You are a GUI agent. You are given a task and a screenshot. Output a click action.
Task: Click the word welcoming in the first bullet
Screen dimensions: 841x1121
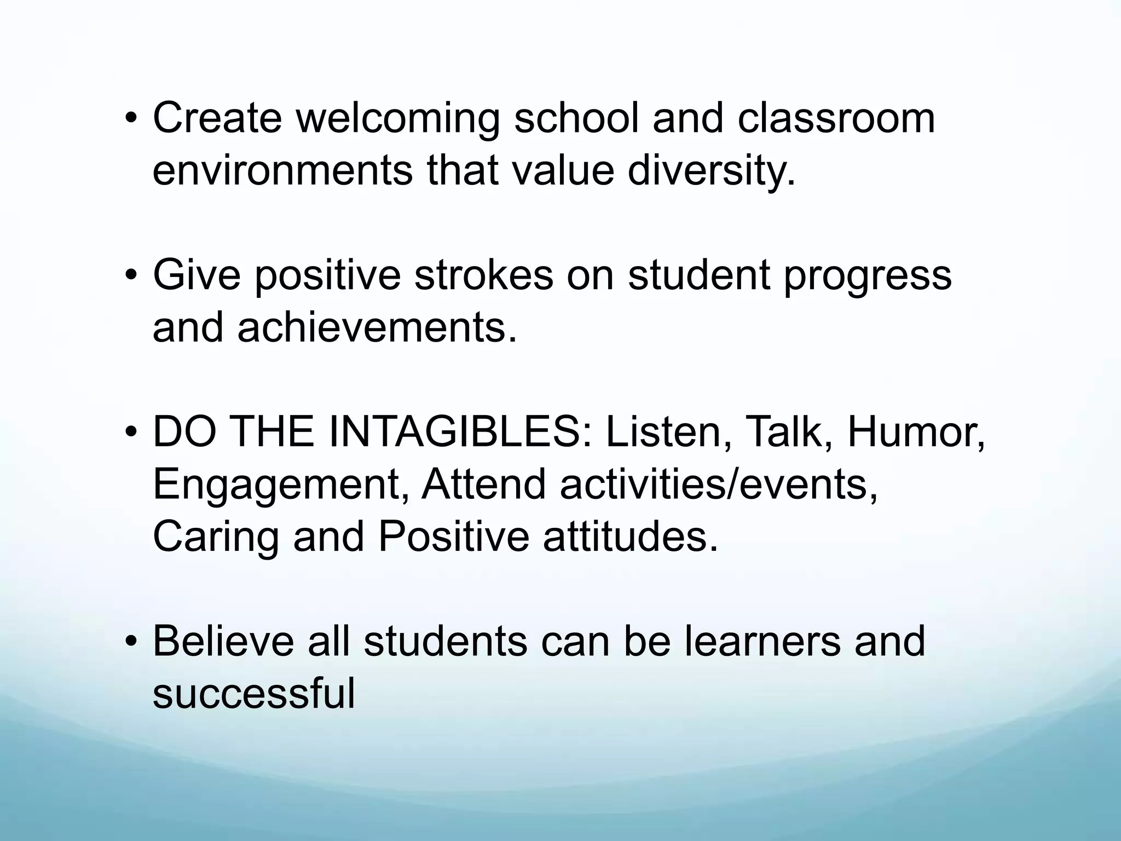[397, 118]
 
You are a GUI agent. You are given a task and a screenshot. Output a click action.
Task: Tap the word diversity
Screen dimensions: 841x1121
[710, 170]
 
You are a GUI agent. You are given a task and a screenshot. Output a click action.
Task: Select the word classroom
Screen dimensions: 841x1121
[836, 118]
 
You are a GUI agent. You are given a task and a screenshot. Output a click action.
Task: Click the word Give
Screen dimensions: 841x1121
[197, 275]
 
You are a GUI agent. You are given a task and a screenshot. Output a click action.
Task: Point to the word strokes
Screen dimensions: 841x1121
[483, 275]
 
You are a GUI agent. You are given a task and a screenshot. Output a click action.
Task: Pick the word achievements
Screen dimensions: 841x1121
[377, 327]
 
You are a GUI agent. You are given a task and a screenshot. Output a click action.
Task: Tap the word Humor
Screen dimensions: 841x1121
[916, 432]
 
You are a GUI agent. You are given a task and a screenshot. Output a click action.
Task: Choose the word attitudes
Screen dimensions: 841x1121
[630, 537]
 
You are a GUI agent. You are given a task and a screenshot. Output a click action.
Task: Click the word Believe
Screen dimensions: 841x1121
[223, 641]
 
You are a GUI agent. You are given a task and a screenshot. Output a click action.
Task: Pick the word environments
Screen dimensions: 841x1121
[282, 170]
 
